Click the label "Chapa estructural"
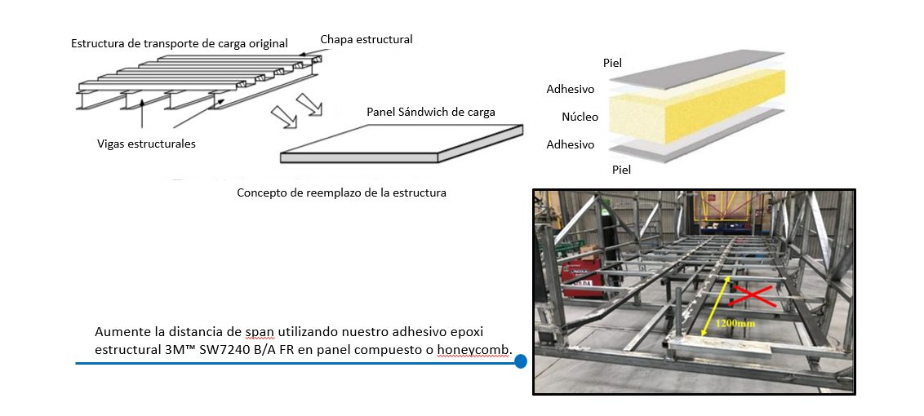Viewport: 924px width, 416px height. click(366, 39)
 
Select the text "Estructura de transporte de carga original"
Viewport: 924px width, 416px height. click(179, 43)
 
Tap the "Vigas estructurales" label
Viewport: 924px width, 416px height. click(147, 144)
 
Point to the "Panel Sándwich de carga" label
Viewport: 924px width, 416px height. click(431, 112)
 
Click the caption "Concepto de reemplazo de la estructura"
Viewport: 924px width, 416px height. click(341, 193)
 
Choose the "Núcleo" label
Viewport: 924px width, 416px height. click(580, 117)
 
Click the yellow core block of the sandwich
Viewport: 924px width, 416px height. click(695, 106)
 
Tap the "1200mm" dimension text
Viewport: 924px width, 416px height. click(735, 324)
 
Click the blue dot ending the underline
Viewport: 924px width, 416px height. click(520, 361)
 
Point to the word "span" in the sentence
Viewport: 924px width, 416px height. click(260, 332)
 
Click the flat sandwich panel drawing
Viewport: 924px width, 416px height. click(402, 144)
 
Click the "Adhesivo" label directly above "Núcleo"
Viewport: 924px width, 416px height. click(571, 90)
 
